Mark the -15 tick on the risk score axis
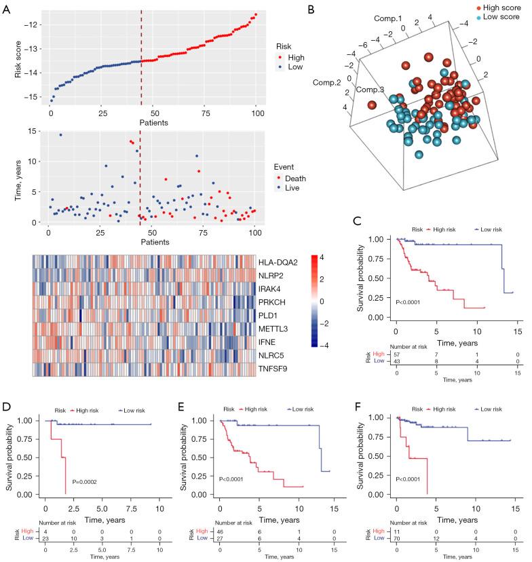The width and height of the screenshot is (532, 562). coord(25,98)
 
